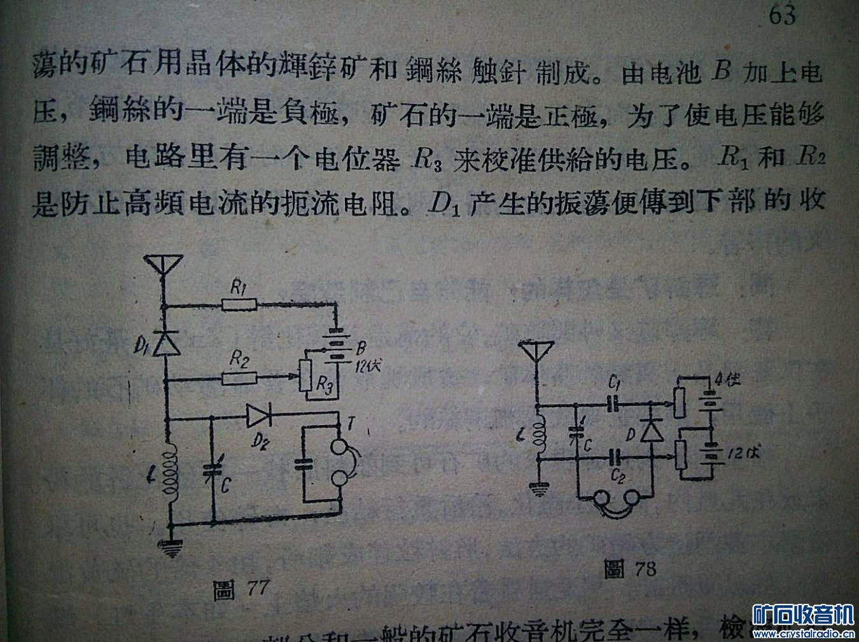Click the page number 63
click(782, 15)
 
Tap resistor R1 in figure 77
click(239, 306)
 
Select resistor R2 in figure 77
click(239, 379)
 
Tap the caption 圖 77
click(242, 591)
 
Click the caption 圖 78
click(630, 568)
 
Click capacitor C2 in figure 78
click(615, 456)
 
